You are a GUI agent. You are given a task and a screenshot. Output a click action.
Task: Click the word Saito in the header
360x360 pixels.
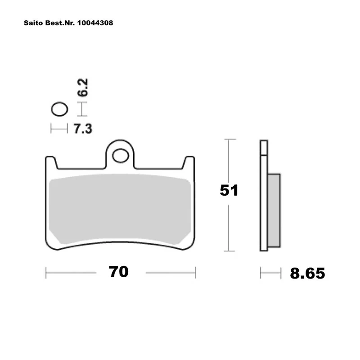33,23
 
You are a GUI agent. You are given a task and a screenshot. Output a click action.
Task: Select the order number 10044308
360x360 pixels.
95,23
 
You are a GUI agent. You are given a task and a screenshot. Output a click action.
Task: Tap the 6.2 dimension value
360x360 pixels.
83,87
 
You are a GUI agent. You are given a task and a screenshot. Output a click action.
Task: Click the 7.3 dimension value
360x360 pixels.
83,129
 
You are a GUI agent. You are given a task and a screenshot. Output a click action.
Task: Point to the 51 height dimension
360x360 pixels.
229,190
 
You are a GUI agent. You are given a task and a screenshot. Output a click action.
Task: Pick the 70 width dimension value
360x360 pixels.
118,272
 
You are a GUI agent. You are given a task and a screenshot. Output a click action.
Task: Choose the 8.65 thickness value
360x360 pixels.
307,273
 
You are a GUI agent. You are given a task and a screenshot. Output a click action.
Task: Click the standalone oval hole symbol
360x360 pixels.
59,109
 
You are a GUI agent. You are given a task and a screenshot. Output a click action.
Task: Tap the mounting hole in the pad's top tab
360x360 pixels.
121,156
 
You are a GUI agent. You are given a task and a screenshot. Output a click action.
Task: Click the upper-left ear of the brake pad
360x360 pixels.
51,162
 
